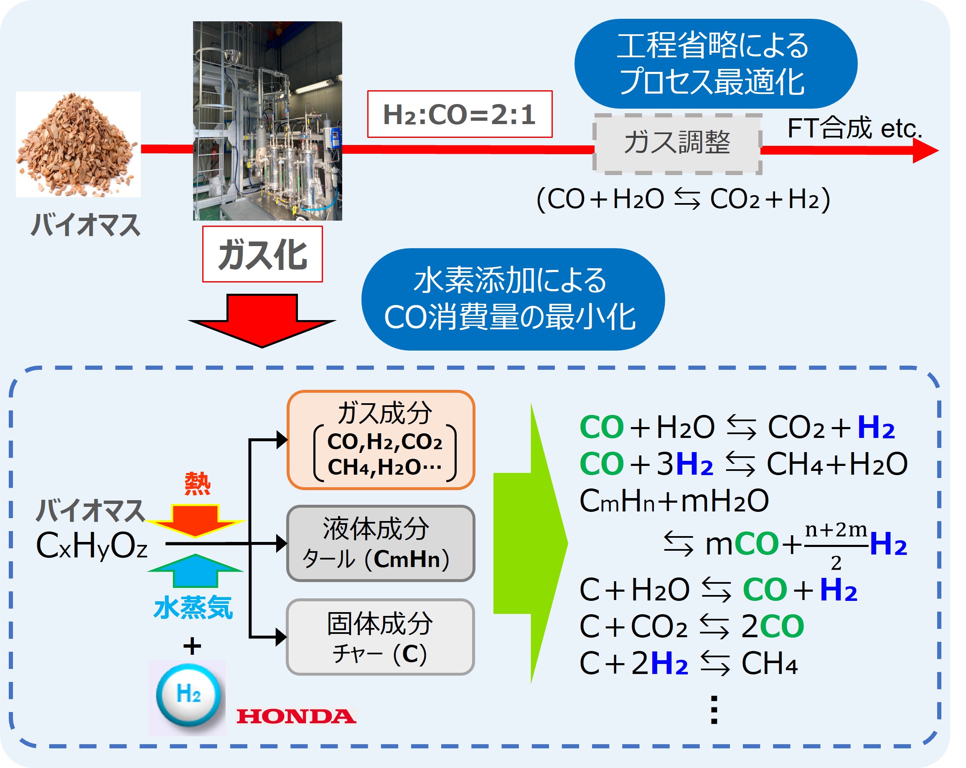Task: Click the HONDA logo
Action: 296,716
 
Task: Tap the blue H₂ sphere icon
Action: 188,694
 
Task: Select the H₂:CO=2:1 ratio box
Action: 460,114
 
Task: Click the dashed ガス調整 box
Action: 677,143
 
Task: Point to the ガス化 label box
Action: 262,254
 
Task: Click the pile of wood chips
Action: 78,144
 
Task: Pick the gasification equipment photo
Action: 267,121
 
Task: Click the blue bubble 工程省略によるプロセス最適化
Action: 716,64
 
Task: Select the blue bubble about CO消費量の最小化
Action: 513,299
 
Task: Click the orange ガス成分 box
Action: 381,440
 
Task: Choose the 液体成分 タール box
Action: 381,543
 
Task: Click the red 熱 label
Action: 197,484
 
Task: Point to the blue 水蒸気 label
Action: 193,608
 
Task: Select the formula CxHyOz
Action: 92,546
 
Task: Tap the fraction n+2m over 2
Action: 836,546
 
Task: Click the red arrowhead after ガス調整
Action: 925,150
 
